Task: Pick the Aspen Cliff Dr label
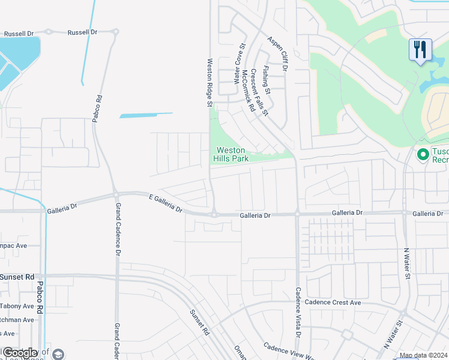tap(279, 55)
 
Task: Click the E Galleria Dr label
tap(166, 203)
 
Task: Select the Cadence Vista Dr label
tap(297, 310)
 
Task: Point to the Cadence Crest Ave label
tap(333, 303)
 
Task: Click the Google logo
tap(20, 353)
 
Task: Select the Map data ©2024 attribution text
tap(423, 356)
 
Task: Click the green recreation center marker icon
tap(423, 155)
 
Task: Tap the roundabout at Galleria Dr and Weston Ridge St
tap(214, 214)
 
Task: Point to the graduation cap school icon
tap(58, 354)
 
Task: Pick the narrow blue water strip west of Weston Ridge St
tap(146, 115)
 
